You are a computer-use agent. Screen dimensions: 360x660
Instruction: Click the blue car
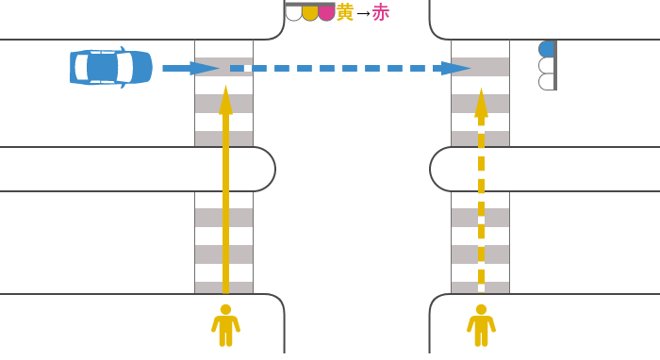(110, 68)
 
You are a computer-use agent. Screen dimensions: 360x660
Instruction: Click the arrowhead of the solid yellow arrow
(225, 99)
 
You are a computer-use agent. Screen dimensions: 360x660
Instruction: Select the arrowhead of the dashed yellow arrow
(481, 102)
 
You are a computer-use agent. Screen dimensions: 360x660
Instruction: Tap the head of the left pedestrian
(225, 309)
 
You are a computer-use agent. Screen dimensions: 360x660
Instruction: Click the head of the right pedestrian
(481, 309)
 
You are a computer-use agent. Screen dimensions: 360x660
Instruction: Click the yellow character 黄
(345, 12)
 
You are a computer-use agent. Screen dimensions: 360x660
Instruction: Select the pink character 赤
(381, 12)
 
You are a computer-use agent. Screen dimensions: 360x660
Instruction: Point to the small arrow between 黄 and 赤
(363, 13)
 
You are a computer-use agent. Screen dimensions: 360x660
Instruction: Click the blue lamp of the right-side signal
(546, 49)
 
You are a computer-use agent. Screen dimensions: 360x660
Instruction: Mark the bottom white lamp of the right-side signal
(546, 82)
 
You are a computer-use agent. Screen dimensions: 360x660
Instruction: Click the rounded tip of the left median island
(272, 170)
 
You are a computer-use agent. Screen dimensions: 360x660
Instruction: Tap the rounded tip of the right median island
(434, 170)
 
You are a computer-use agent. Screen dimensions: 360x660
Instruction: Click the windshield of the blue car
(125, 68)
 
